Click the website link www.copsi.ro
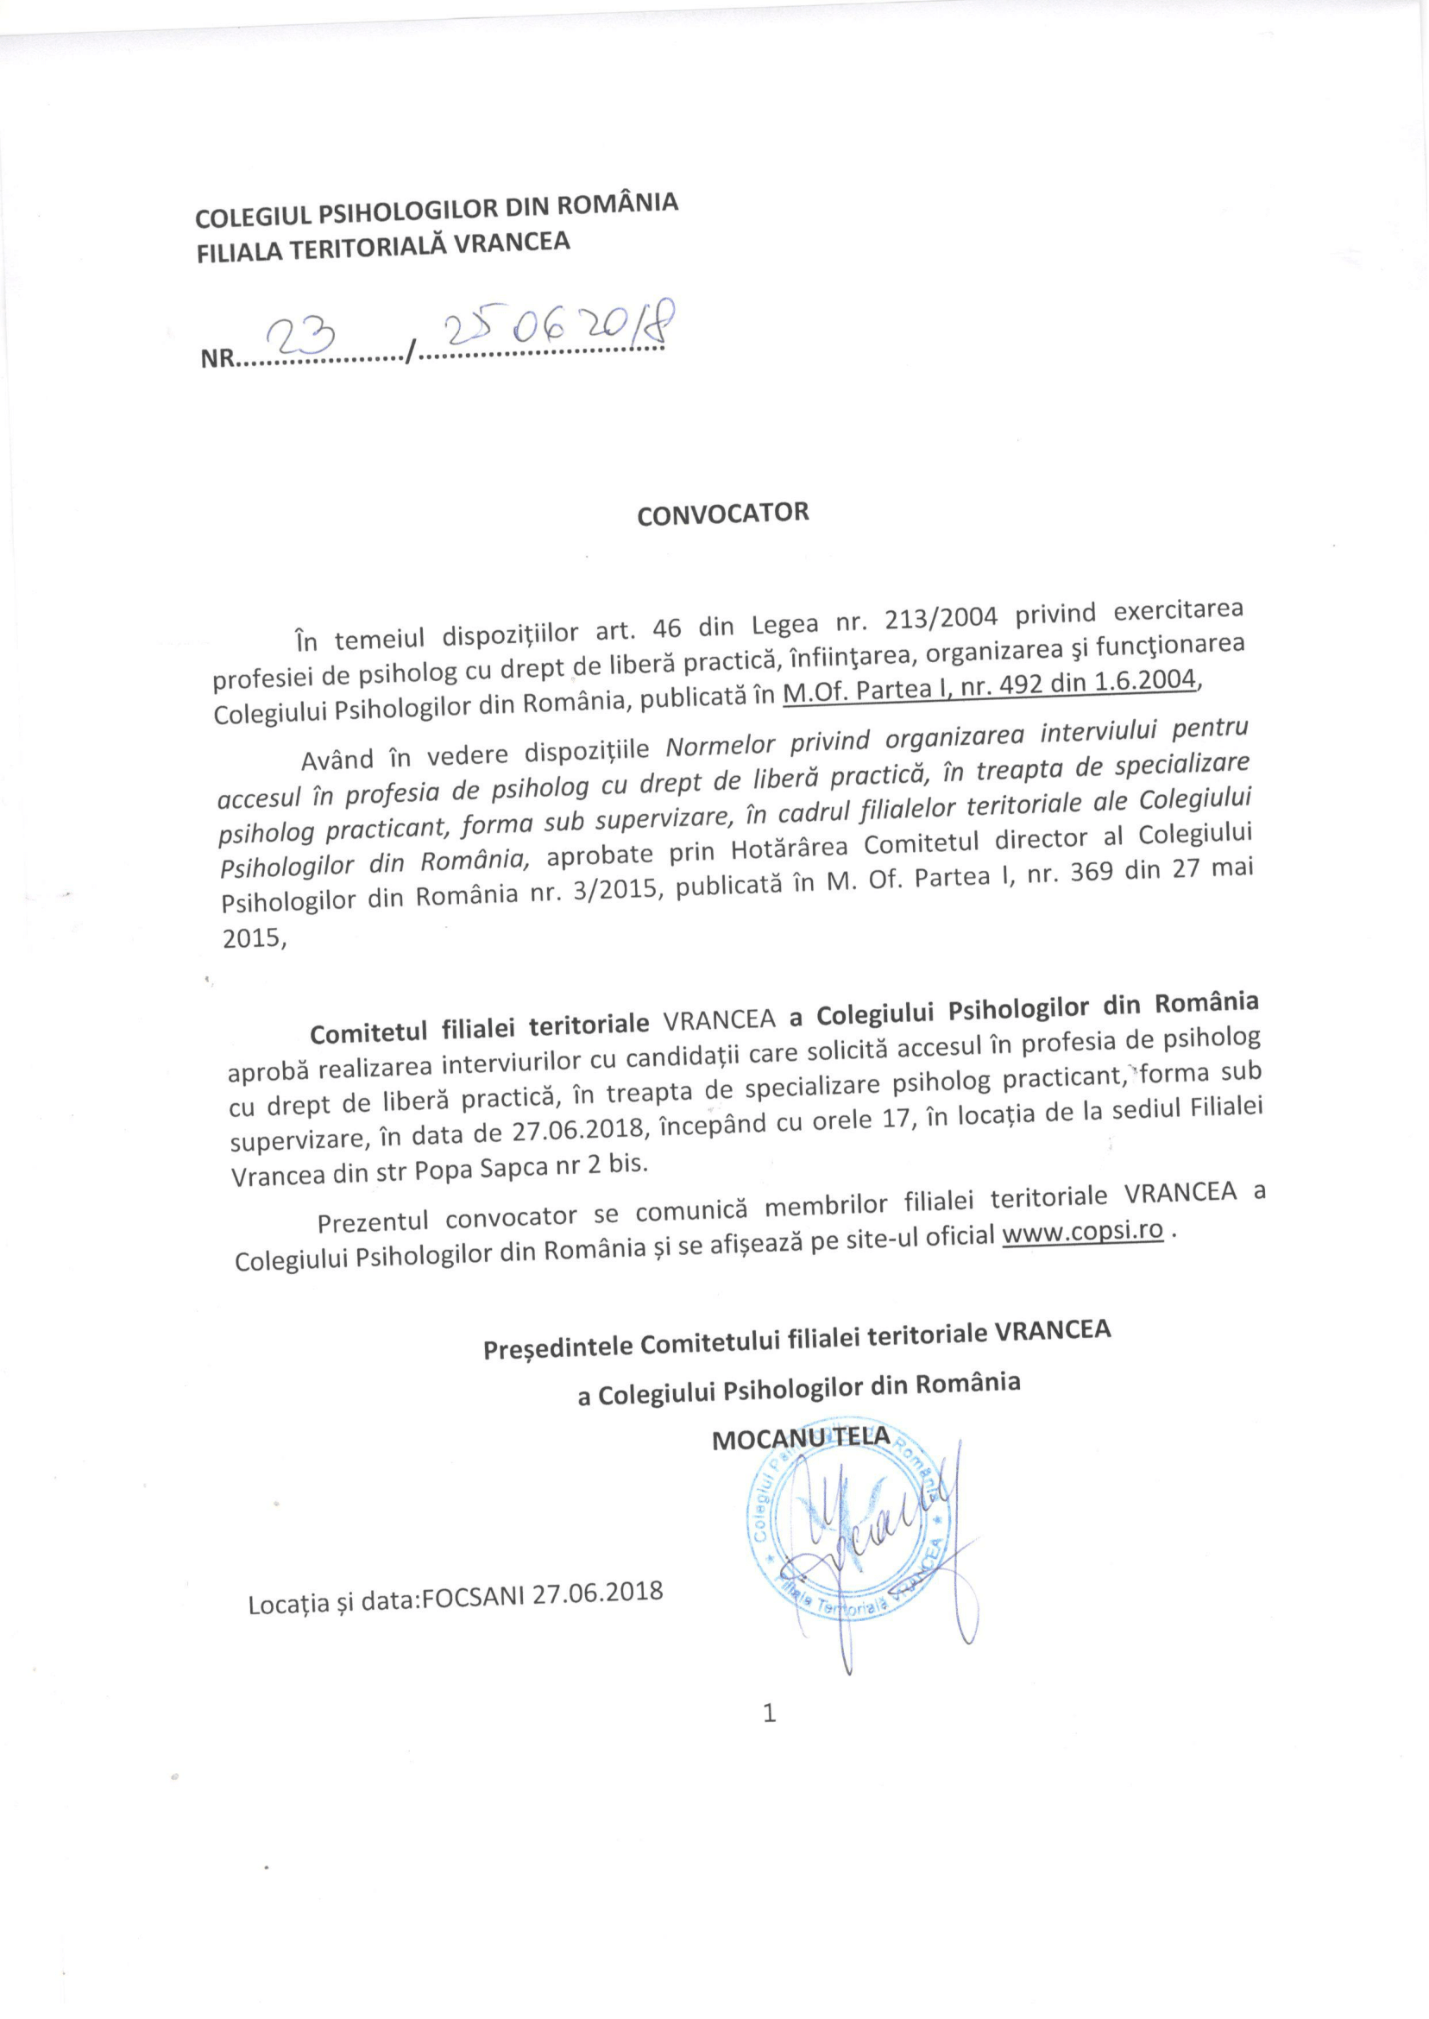point(1083,1231)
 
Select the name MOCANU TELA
point(801,1438)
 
